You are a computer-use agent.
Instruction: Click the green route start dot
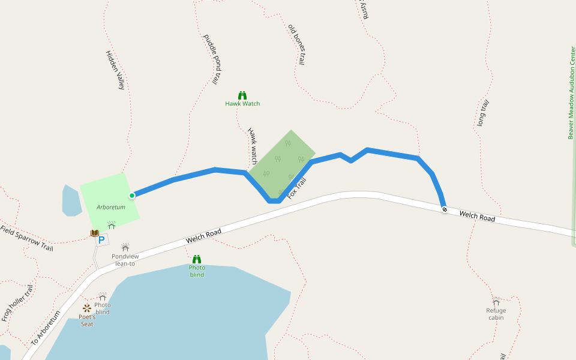click(x=132, y=195)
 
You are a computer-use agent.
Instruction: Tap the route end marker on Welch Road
click(x=445, y=209)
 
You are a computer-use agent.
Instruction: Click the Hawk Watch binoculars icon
click(x=242, y=95)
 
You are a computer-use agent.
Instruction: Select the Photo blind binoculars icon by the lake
click(x=197, y=259)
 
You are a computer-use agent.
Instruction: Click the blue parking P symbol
click(x=101, y=240)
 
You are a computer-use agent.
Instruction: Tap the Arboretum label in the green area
click(x=111, y=207)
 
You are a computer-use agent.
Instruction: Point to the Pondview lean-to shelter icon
click(x=125, y=247)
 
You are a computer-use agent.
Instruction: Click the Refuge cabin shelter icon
click(x=496, y=301)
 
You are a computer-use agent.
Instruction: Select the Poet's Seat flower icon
click(x=87, y=308)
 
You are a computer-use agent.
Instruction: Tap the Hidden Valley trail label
click(x=115, y=70)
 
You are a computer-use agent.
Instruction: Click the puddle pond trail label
click(x=213, y=59)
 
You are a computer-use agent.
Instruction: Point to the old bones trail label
click(x=297, y=44)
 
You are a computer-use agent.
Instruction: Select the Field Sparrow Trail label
click(x=26, y=238)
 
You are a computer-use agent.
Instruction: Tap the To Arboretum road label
click(x=46, y=331)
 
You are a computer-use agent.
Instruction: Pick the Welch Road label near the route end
click(x=478, y=216)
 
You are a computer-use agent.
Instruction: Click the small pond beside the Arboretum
click(x=71, y=201)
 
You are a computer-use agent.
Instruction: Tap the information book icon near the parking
click(x=94, y=233)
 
